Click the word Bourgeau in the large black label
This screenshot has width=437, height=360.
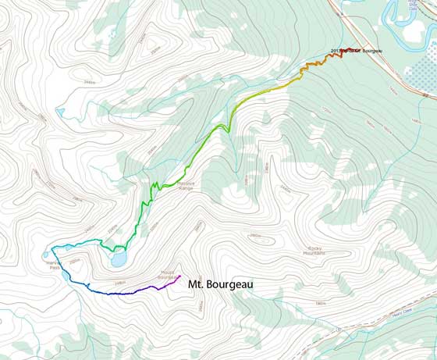pos(230,285)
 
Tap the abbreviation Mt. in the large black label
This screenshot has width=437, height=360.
pos(197,285)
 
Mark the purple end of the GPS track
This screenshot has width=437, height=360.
pos(180,276)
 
